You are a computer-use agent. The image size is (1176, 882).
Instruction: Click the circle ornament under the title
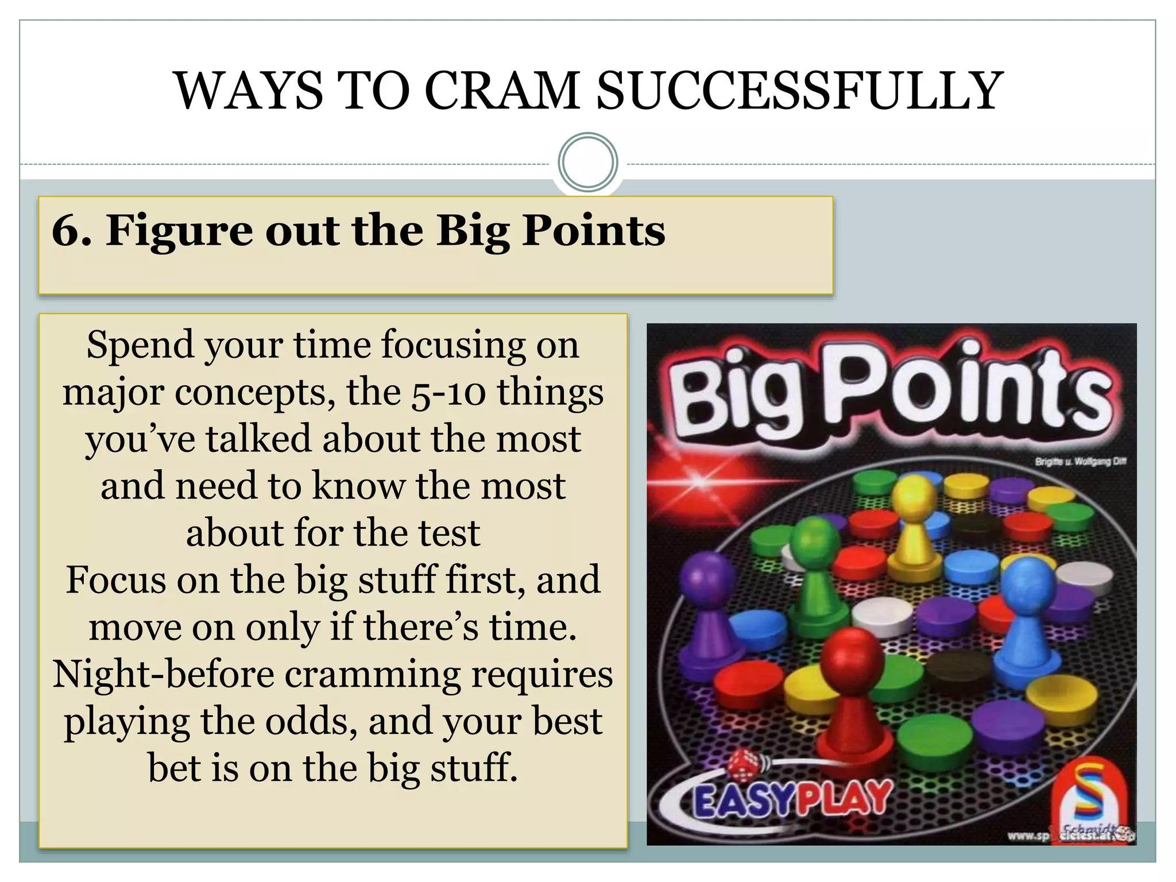pos(587,163)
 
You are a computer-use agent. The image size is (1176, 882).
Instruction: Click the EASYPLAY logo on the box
pos(792,798)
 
